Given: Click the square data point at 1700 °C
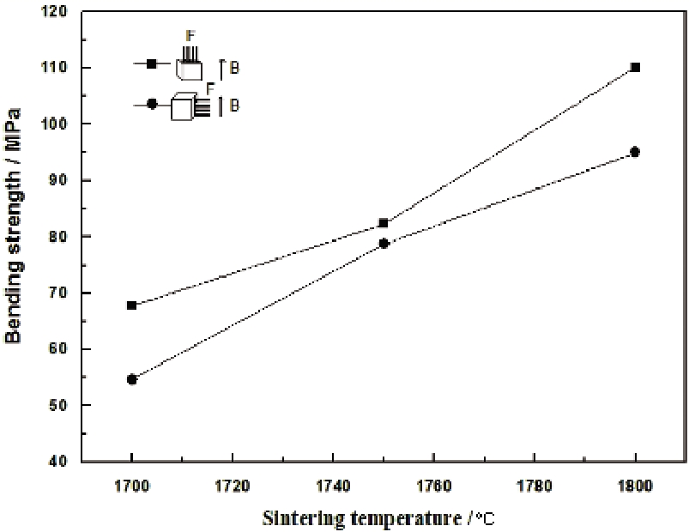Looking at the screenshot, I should coord(131,305).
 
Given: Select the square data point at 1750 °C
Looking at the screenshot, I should coord(384,223).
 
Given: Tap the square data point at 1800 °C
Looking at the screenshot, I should coord(635,67).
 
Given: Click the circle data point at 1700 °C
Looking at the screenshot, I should coord(131,379).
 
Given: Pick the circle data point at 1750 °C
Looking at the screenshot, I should coord(384,243).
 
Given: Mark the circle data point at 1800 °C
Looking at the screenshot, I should coord(635,152).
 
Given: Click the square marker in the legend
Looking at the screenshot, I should coord(152,64).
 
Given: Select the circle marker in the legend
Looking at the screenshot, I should coord(152,104).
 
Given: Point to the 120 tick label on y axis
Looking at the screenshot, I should coord(59,12).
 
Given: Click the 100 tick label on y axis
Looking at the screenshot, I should coord(59,124).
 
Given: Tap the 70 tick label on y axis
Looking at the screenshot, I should coord(63,293).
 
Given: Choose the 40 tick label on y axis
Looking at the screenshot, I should coord(63,462).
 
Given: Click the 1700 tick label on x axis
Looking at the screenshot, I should coord(131,484).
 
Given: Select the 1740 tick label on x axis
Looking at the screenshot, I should coord(333,484).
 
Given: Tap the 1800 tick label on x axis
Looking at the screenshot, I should coord(635,484).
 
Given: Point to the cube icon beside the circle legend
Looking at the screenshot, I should coord(182,108).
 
